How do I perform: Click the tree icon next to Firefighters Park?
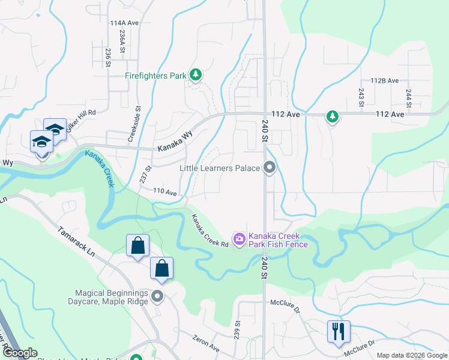click(195, 75)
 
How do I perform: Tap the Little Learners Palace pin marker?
click(270, 168)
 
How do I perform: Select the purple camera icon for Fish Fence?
click(240, 240)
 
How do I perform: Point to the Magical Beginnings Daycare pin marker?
click(157, 296)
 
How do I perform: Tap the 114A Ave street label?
click(124, 23)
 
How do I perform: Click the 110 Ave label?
click(165, 193)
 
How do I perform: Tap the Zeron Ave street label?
click(206, 343)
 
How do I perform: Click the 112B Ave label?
click(384, 80)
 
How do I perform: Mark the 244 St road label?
click(408, 98)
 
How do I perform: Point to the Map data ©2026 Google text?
click(411, 355)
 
